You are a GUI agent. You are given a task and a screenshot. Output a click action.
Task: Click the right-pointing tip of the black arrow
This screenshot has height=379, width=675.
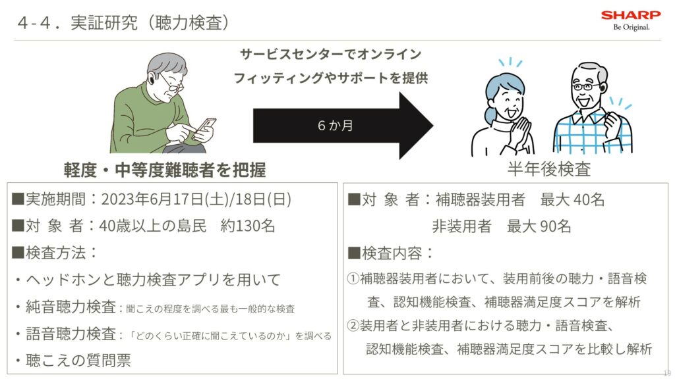433,126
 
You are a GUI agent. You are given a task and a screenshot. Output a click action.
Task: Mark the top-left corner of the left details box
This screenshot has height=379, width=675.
7,183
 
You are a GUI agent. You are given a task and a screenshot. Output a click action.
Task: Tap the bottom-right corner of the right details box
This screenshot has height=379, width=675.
668,374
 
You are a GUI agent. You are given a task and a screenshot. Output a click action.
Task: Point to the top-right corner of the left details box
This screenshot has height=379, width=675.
338,183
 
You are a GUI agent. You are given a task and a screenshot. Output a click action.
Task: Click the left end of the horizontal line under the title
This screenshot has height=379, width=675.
14,40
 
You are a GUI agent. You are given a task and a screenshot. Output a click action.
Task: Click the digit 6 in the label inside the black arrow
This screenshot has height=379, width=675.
322,126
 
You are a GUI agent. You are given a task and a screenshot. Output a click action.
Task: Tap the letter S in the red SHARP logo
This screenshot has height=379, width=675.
606,16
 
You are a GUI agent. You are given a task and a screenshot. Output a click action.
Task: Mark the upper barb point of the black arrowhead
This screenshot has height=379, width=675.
400,92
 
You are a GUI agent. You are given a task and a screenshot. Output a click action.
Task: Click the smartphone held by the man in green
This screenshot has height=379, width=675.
206,126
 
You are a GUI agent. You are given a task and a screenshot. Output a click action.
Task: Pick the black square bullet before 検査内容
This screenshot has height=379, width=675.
354,253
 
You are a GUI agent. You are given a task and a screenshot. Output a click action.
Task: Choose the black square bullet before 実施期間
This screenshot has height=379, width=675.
18,199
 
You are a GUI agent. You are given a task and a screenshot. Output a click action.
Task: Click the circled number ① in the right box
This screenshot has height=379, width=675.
353,278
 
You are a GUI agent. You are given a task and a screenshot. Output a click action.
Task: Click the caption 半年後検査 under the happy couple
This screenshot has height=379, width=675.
549,169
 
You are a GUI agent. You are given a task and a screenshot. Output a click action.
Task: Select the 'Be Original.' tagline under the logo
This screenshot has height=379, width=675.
631,27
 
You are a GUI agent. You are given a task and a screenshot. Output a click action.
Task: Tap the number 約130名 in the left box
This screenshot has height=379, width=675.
248,226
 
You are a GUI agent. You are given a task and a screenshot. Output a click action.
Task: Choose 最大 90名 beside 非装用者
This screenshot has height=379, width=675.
539,226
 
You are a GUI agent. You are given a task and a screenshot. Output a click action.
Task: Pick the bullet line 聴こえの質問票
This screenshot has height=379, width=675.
73,361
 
